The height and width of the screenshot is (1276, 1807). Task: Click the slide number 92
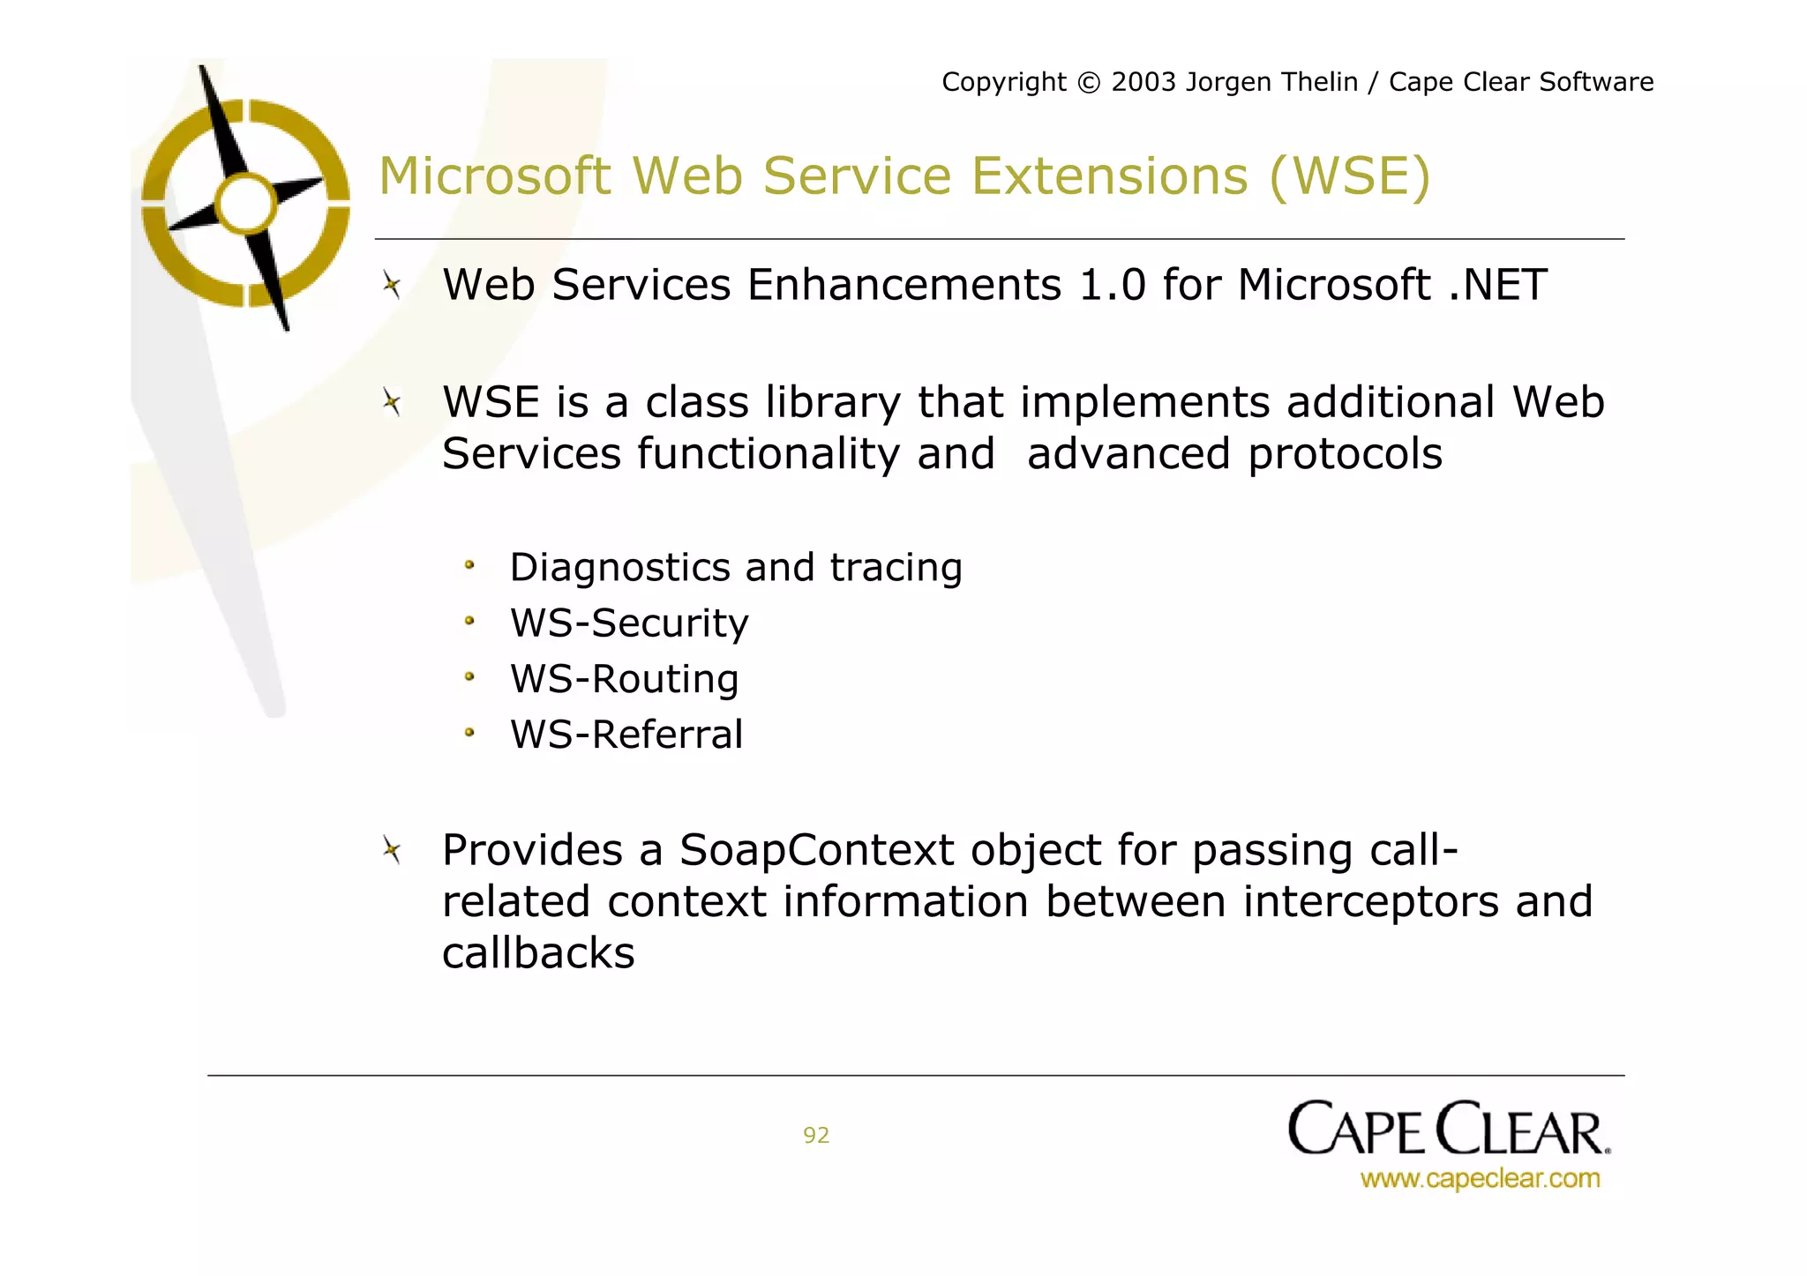[816, 1135]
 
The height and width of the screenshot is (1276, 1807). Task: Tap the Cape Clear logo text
[1448, 1130]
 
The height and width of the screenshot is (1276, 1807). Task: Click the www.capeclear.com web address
[1480, 1179]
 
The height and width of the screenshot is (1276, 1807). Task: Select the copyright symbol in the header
[1089, 83]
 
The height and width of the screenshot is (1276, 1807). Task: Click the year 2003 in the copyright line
[1143, 82]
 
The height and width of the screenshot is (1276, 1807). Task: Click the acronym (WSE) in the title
[1349, 175]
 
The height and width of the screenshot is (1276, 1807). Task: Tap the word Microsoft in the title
[494, 175]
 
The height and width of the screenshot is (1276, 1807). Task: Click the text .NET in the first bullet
[1497, 285]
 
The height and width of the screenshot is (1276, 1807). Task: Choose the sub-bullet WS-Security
[629, 623]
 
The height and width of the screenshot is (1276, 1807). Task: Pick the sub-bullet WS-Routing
[624, 679]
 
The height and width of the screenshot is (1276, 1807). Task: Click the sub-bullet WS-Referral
[626, 735]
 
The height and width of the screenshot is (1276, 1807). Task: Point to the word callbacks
[538, 953]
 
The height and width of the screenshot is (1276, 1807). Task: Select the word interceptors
[1370, 902]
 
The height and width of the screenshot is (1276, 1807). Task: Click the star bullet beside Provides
[392, 850]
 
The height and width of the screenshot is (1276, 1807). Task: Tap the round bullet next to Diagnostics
[469, 565]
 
